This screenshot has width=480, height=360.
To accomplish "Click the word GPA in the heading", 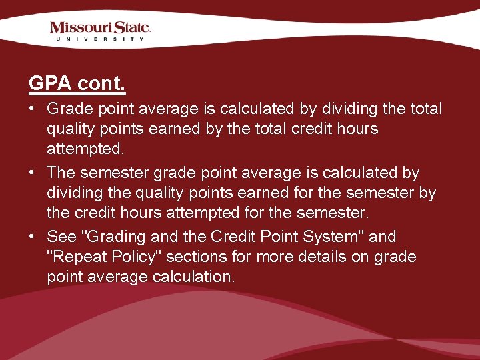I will coord(50,84).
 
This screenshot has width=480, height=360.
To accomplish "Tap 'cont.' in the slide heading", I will coord(101,84).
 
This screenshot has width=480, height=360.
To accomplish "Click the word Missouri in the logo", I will coord(81,28).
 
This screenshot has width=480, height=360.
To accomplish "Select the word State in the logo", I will coord(131,28).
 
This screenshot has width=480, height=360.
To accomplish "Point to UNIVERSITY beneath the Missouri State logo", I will coord(100,39).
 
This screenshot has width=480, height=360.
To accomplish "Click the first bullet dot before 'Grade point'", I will coord(33,108).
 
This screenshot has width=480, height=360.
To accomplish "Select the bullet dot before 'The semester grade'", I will coord(33,172).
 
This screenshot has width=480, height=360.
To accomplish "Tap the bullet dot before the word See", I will coord(33,236).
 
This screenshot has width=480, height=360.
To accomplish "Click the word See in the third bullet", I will coord(61,237).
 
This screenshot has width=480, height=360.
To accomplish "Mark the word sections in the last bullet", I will coord(192,257).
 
